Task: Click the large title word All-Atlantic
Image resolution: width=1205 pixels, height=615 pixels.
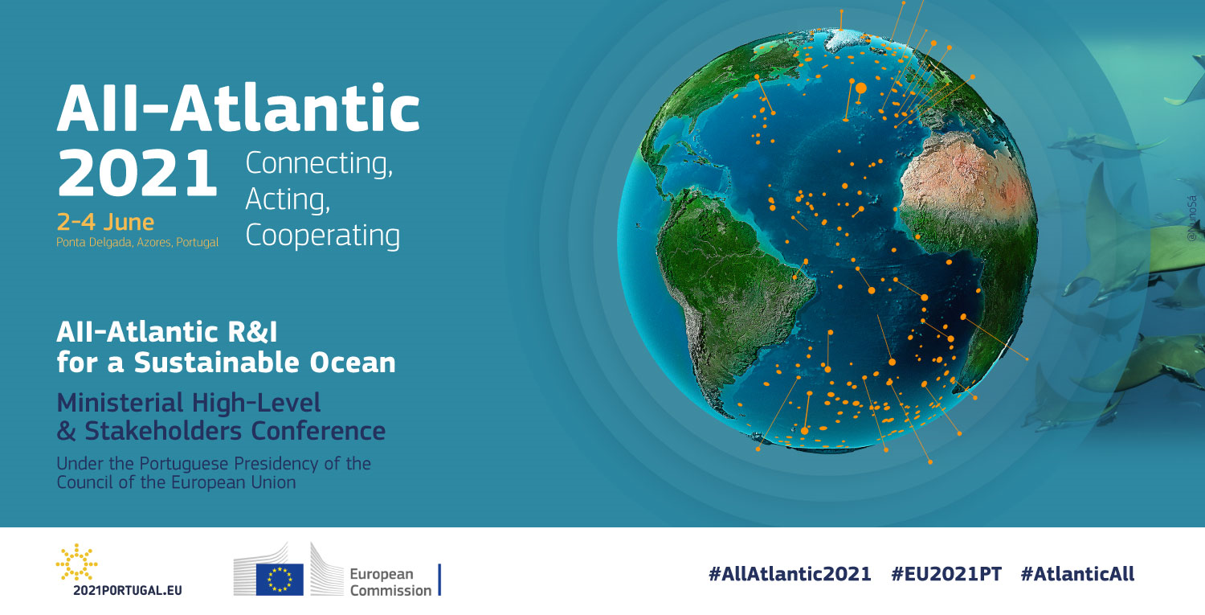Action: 238,109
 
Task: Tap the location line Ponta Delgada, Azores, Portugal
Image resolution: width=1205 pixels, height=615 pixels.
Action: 137,241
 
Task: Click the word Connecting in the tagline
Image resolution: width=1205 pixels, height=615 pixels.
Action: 319,164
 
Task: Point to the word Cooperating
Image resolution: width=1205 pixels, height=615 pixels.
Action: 322,236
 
